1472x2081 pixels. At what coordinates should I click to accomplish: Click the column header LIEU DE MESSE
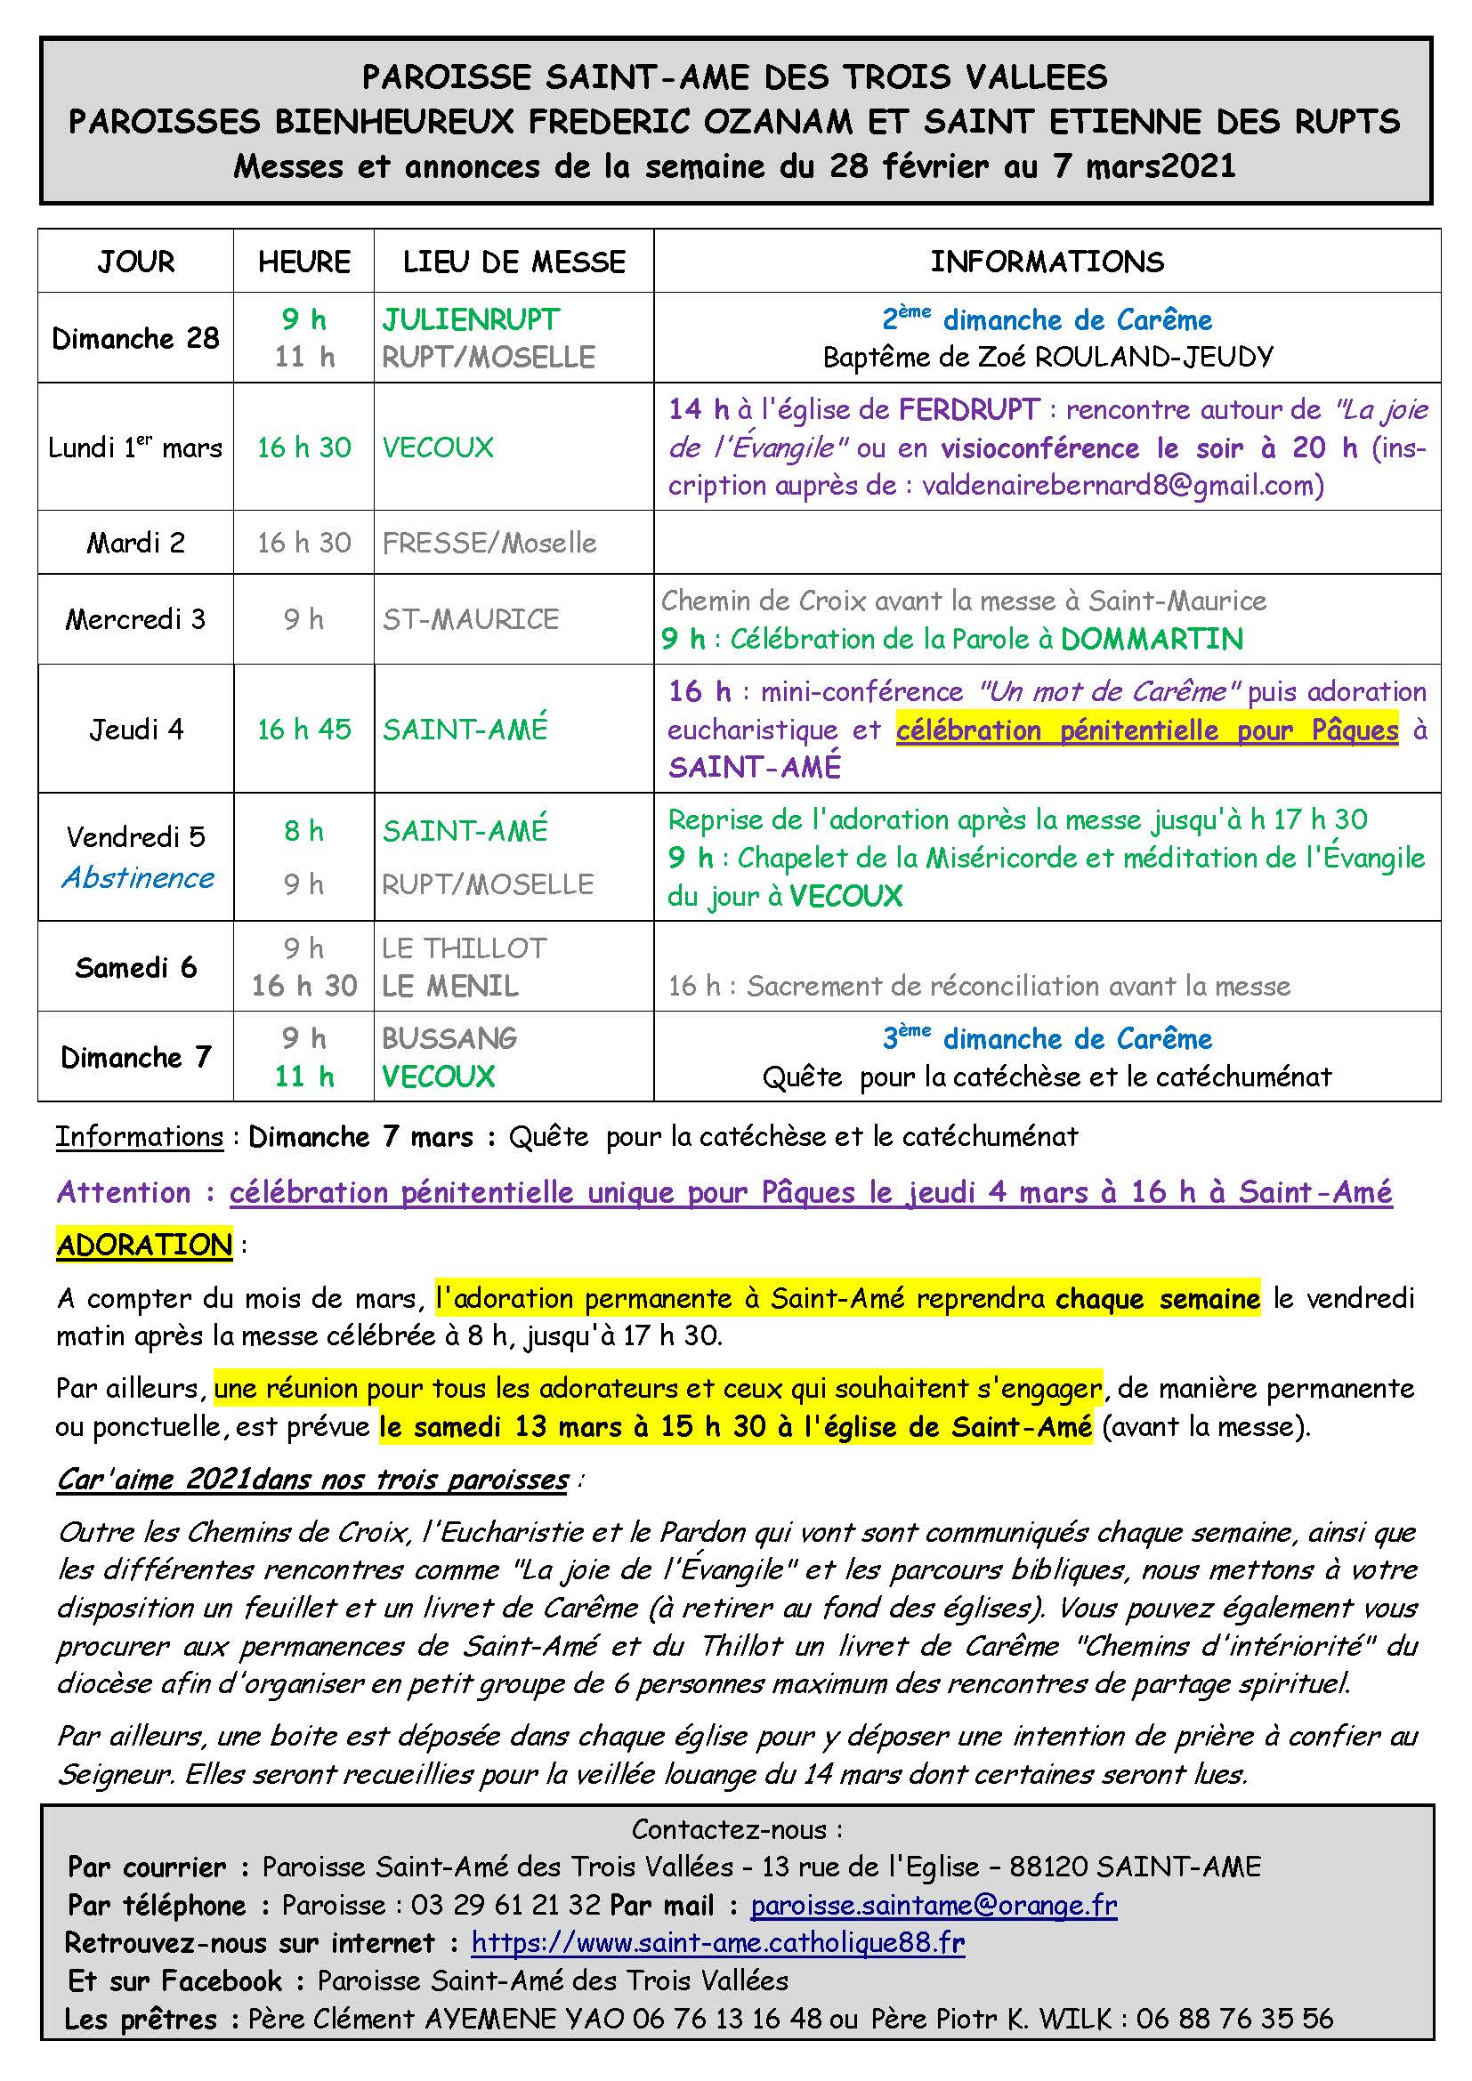[514, 262]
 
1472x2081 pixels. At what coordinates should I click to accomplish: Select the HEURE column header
[303, 262]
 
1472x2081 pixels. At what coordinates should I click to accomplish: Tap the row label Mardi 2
[136, 543]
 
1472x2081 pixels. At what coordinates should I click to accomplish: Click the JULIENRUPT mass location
[471, 319]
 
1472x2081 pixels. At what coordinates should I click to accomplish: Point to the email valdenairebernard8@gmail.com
[1122, 486]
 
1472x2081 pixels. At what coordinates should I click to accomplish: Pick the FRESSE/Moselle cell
[489, 543]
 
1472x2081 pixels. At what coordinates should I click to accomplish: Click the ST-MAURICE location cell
[471, 619]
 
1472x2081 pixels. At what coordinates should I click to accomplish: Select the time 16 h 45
[303, 730]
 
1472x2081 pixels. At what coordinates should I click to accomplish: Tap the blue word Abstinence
[138, 877]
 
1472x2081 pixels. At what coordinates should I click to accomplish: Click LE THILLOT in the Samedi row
[464, 948]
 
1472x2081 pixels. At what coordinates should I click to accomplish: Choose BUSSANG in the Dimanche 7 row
[449, 1037]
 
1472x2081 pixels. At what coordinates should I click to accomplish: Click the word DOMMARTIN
[1151, 639]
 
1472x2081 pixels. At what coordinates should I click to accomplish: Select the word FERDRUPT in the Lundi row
[968, 409]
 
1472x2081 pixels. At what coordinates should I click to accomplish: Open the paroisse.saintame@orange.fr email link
[934, 1905]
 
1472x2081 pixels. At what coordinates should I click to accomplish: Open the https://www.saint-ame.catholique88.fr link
[718, 1942]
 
